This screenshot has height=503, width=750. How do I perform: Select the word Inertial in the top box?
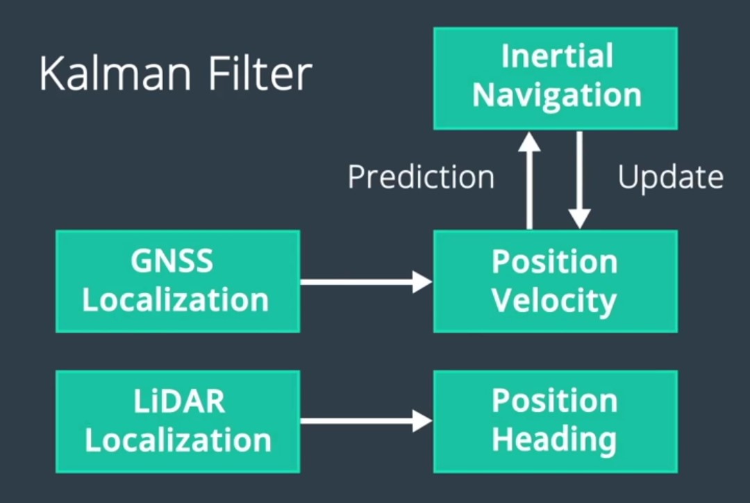point(557,56)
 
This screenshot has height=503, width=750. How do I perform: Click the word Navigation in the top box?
point(557,95)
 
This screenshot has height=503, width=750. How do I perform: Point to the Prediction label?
point(421,177)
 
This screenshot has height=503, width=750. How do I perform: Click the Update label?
point(671,178)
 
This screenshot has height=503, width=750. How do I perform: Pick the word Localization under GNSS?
point(176,300)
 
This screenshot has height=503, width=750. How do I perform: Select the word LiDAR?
point(178,402)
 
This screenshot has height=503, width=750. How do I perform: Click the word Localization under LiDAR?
point(178,440)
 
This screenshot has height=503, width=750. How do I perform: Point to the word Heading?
point(554,440)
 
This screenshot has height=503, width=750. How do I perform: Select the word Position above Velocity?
point(554,262)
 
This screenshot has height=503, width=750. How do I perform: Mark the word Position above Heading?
point(554,401)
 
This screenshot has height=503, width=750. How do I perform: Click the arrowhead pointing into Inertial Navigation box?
point(530,142)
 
